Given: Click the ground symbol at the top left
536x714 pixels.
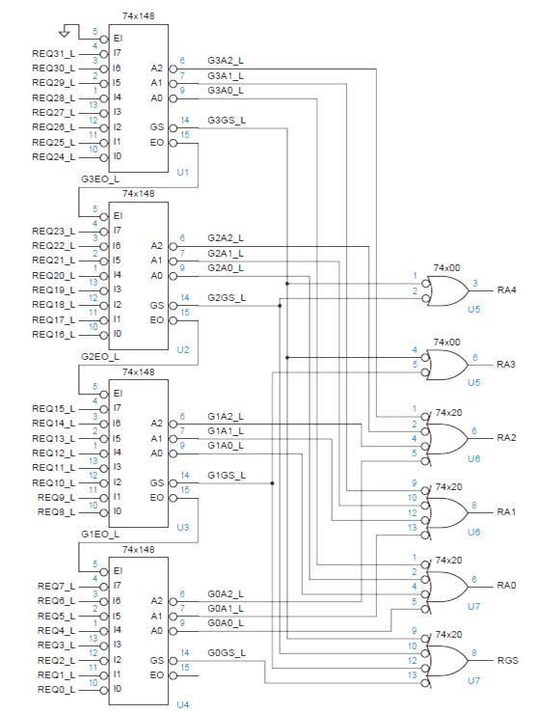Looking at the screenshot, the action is (65, 33).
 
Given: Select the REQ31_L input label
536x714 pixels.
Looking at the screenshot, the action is (54, 54).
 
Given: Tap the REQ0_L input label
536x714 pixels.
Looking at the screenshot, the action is (57, 690).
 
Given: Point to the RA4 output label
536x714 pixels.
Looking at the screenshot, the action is (506, 290).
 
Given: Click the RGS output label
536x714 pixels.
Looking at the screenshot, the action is (507, 660).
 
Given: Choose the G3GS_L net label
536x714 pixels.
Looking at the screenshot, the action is (227, 121).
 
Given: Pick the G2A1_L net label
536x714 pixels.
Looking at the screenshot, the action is (226, 253).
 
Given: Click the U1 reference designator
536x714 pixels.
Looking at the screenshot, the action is (182, 173).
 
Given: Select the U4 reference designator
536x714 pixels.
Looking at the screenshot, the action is (182, 705).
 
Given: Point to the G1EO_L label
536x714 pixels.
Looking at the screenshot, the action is (100, 535).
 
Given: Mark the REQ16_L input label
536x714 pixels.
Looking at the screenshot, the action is (54, 335).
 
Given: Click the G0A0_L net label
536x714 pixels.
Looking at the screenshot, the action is (226, 623).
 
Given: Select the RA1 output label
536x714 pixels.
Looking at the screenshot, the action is (506, 512).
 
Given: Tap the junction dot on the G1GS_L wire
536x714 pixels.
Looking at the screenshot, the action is (272, 483).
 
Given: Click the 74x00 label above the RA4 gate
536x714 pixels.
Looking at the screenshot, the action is (446, 268).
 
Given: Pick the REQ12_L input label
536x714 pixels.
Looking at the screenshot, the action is (54, 453).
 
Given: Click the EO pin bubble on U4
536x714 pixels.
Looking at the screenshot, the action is (173, 675).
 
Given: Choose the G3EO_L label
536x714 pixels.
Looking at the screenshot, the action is (100, 178).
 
